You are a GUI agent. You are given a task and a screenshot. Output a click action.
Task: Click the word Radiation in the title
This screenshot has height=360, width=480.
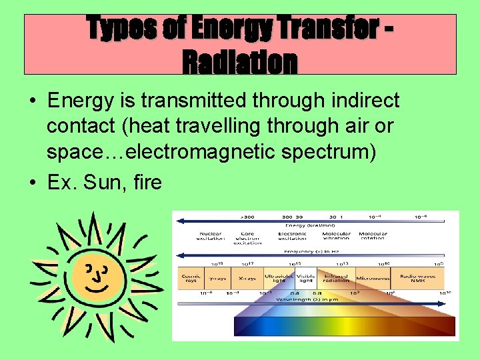[239, 63]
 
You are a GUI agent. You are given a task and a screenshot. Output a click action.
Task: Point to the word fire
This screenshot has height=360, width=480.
[147, 181]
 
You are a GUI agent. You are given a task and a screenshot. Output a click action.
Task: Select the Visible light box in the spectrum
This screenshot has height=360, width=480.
[306, 277]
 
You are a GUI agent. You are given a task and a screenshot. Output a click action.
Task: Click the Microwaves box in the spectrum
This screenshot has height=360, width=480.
[373, 277]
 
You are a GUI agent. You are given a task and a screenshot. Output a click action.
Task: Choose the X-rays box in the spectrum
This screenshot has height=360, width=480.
[247, 277]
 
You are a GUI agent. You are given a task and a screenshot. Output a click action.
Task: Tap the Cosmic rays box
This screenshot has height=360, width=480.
[190, 277]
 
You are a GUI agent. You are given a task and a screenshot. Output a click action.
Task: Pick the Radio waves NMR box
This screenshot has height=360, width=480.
[417, 277]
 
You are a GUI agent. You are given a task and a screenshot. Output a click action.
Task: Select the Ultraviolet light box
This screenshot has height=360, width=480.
[279, 277]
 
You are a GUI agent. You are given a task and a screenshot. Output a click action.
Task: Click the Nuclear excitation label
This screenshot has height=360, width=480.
[210, 237]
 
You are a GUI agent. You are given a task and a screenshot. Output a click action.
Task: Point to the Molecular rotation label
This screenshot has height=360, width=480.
[373, 237]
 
